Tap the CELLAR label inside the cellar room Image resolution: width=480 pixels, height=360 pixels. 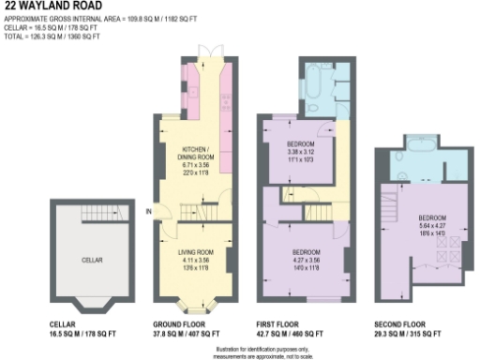pyautogui.click(x=91, y=259)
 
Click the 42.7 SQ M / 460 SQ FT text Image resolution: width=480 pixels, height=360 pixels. pyautogui.click(x=292, y=333)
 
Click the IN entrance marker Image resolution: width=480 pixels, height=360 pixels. pyautogui.click(x=149, y=210)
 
